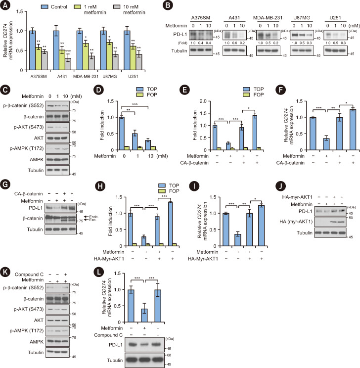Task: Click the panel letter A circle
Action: point(5,5)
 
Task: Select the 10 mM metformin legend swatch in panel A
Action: point(117,7)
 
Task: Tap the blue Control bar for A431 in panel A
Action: point(56,50)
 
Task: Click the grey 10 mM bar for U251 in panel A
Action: point(139,62)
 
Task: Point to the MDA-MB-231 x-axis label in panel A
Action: point(86,77)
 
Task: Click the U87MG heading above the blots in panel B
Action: point(302,18)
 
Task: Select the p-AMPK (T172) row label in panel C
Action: point(27,148)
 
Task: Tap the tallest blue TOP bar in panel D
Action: point(122,134)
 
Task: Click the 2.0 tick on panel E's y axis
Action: point(203,101)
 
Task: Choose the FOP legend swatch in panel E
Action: point(246,94)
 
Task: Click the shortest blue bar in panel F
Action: point(326,144)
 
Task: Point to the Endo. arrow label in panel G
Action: point(93,217)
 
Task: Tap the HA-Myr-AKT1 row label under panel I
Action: point(203,259)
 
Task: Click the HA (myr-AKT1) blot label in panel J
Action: point(296,222)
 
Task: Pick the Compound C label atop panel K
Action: point(29,275)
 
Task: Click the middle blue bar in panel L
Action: point(144,316)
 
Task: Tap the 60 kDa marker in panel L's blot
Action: point(169,355)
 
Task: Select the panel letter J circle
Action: point(281,186)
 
